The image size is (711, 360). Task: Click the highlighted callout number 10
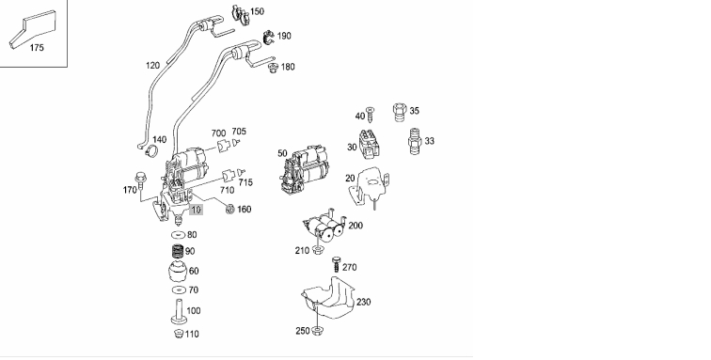196,210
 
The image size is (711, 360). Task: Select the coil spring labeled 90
178,251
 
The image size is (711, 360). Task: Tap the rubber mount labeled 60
178,272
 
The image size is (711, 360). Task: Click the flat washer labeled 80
178,235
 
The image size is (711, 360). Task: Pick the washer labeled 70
179,290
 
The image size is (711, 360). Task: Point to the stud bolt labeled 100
179,312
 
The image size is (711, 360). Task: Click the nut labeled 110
179,335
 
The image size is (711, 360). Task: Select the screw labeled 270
337,264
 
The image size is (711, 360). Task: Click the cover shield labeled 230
328,298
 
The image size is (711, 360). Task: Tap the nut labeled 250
318,331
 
